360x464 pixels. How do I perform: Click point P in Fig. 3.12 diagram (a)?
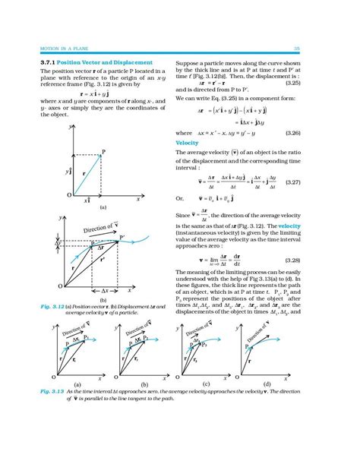[103, 152]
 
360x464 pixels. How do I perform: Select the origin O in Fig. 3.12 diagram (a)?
[68, 195]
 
